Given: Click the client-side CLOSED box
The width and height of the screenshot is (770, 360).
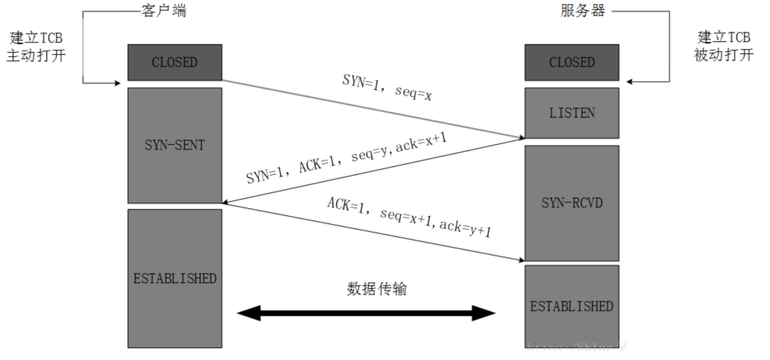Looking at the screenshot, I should coord(175,63).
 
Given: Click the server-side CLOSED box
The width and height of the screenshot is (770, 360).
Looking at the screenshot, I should coord(572,63).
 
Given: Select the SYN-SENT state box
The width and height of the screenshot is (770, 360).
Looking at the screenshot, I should coord(175,145).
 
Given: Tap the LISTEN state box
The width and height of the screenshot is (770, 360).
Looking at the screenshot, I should coord(572,113).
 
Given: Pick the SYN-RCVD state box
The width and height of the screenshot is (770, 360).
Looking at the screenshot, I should coord(572,203).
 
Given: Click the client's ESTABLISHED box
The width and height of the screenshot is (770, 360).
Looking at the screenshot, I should coord(175,278).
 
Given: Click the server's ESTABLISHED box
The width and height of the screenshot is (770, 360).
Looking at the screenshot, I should coord(572,307).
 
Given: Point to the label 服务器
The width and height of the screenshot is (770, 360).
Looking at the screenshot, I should coord(582,11).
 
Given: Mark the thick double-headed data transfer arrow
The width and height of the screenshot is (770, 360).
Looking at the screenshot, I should coord(366,312).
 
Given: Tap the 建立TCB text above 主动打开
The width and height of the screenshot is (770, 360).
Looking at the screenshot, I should coord(36,37).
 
